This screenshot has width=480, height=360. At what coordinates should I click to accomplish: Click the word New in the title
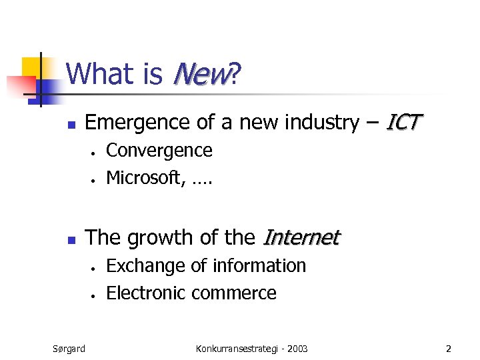[199, 75]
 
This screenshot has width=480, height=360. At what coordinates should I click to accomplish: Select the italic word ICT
[404, 123]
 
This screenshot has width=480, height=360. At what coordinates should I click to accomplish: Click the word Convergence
[159, 151]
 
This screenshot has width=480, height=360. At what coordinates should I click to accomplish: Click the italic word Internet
[302, 237]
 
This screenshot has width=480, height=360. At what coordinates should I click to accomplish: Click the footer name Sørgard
[69, 348]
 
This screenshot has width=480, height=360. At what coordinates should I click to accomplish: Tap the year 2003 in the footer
[295, 348]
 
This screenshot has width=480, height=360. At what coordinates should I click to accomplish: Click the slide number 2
[449, 348]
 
